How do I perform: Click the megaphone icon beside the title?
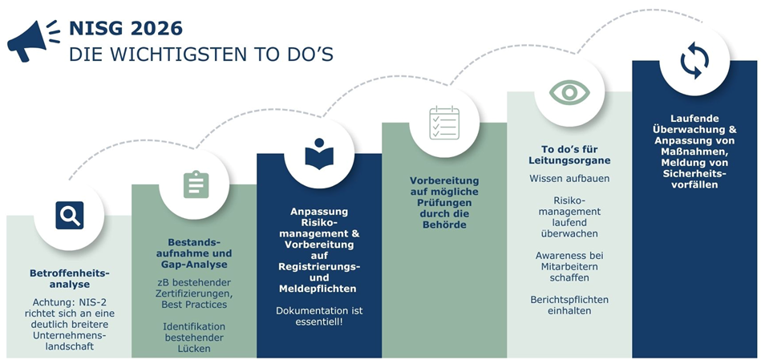[x=33, y=40]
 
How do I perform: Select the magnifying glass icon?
[x=69, y=215]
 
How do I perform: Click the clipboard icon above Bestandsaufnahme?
[x=195, y=184]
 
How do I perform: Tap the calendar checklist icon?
[x=444, y=123]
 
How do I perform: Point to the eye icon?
[x=569, y=91]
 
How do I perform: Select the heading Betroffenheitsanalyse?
[x=69, y=278]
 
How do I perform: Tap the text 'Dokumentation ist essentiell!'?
[x=319, y=316]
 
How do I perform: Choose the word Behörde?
[x=444, y=224]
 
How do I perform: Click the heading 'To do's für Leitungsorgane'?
[x=569, y=155]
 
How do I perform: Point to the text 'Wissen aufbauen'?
[x=569, y=179]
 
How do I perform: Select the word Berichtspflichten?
[x=569, y=299]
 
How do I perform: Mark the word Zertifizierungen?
[x=195, y=293]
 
